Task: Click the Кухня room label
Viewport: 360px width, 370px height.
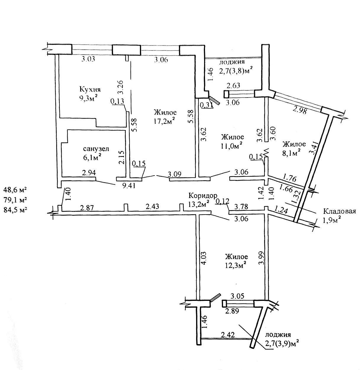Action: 90,89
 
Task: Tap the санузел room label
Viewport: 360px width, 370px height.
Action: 96,149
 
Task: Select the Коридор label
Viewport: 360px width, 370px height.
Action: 203,196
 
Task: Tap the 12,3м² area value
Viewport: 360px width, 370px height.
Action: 236,266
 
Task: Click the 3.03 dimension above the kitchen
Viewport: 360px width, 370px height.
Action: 88,59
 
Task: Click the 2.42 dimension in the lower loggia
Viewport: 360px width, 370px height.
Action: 227,335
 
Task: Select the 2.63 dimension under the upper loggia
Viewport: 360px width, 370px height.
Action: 233,86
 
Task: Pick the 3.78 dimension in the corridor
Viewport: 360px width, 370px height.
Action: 241,206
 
